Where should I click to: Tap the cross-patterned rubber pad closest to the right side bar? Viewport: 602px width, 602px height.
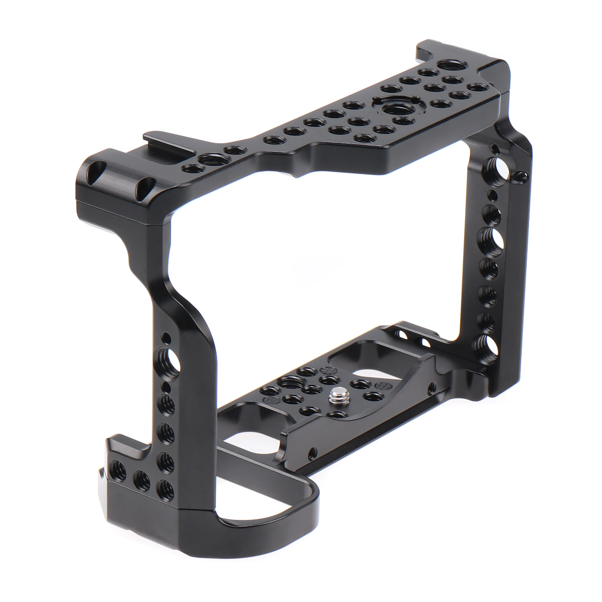point(382,385)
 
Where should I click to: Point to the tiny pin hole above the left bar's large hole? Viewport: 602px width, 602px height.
point(167,337)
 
